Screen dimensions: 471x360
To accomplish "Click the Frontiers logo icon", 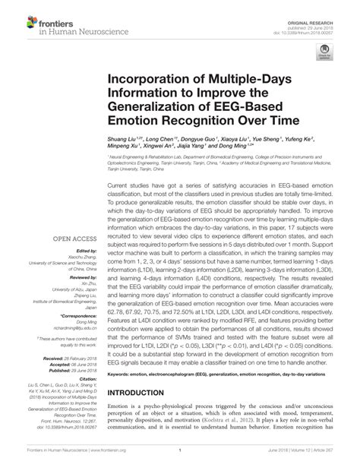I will pos(21,20).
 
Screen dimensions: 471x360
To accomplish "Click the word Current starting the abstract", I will pos(124,185).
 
